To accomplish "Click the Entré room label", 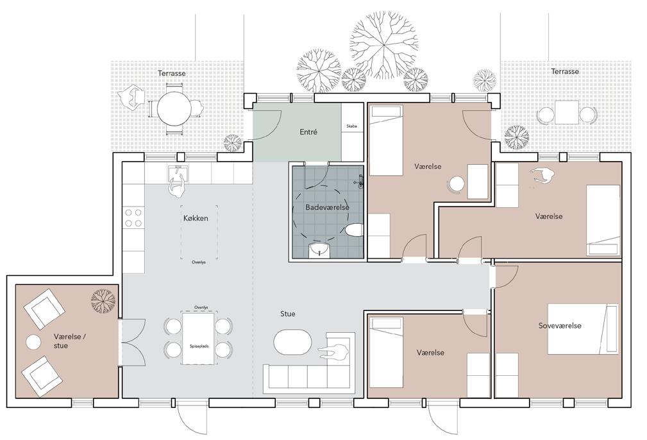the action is point(308,132).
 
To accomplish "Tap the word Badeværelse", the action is point(327,207).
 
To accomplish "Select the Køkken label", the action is point(196,218).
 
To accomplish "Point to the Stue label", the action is point(288,314).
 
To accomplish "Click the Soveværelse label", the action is point(560,325).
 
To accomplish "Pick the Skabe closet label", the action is point(352,126).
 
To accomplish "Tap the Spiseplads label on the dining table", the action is point(199,346).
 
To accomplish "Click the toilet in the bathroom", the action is point(354,230).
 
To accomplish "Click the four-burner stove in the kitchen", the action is point(133,218).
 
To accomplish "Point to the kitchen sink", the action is point(178,173).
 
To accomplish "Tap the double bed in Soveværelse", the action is point(583,329).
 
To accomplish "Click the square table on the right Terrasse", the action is point(567,112).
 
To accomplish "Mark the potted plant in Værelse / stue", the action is point(103,300).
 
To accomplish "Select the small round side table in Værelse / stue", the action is point(33,342).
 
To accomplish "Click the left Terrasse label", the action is point(172,74).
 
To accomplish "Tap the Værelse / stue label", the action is point(70,341).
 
